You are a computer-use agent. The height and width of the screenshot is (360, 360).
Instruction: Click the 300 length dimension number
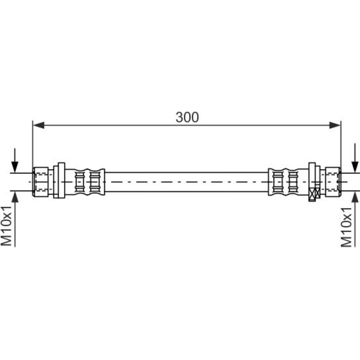point(187,117)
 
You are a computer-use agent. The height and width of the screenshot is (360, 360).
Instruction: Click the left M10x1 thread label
point(6,226)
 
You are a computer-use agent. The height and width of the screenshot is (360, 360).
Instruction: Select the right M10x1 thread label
point(346,227)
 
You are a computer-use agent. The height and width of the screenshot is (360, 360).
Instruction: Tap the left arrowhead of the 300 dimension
point(39,125)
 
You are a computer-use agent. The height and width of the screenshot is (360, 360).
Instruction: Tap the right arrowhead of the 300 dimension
point(335,125)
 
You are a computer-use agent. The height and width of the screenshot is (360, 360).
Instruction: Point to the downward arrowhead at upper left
point(15,167)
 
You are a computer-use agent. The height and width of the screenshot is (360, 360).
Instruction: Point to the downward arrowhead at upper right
point(355,167)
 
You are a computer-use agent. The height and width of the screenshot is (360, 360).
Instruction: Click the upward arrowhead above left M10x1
point(15,197)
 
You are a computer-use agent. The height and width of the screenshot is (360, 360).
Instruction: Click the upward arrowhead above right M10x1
point(355,197)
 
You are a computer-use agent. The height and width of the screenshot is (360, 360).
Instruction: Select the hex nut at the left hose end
point(41,182)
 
